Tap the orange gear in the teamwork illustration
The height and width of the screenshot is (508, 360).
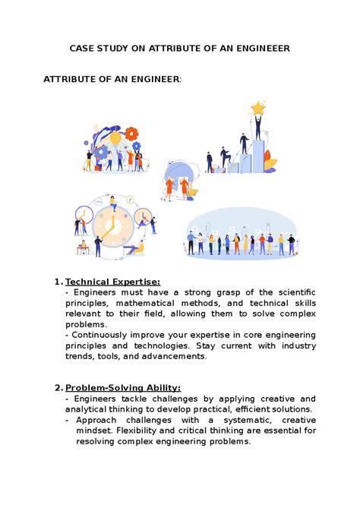[x=134, y=134]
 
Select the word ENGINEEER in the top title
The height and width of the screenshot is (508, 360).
[x=257, y=48]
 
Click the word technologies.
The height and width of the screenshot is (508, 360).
[x=159, y=346]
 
